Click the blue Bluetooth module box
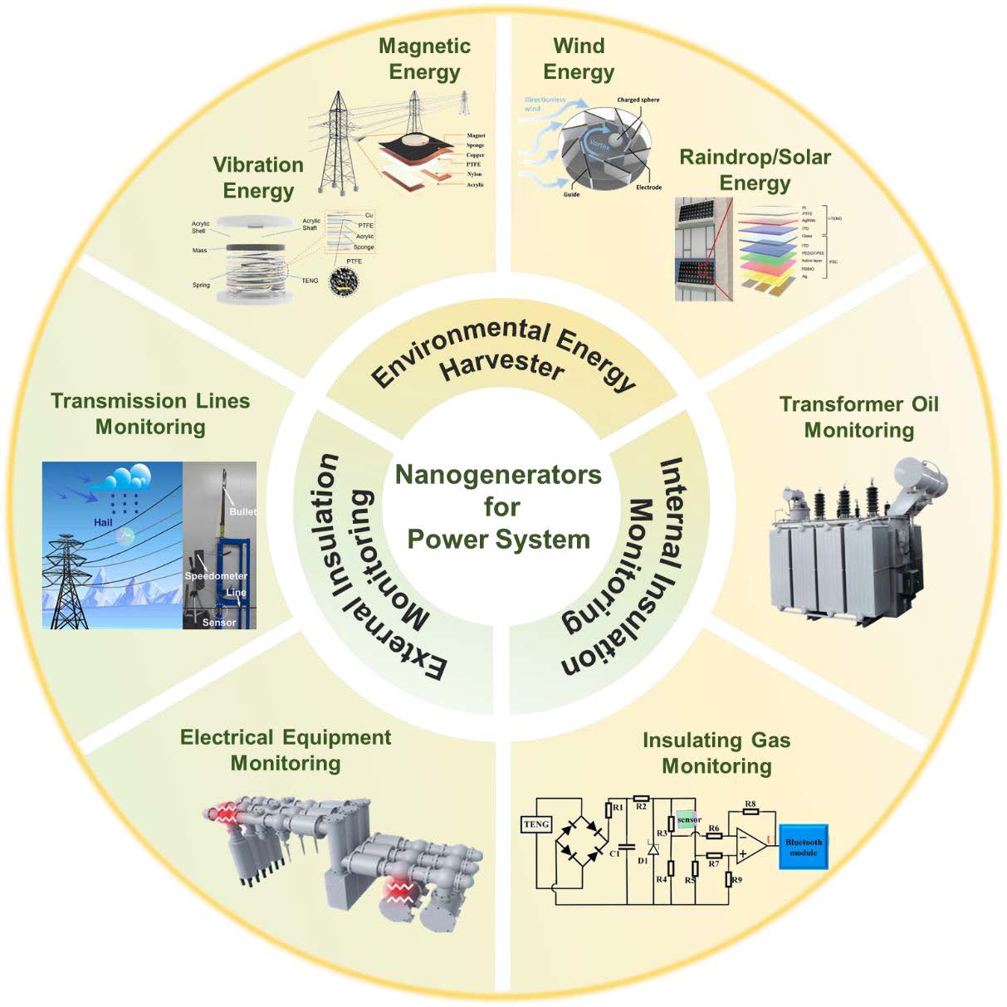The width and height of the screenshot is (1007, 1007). coord(803,847)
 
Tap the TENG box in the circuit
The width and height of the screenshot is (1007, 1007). coord(536,824)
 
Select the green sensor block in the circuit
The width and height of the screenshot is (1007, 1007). coord(688,819)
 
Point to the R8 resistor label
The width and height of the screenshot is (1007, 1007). coord(750,804)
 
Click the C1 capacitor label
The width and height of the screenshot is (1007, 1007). coord(615,853)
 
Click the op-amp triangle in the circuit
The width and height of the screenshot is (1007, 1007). coord(750,845)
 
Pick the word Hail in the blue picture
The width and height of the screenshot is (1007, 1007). coord(103,522)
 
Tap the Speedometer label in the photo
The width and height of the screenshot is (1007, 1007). coord(216,575)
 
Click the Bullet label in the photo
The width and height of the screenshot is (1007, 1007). coord(242,511)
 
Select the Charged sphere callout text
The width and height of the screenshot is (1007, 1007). coord(638,100)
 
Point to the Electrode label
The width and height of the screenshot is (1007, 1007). coord(648,188)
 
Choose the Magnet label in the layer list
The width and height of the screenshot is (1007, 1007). coord(476,135)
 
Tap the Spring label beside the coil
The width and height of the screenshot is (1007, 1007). coord(201,285)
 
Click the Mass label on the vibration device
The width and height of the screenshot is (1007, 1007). coord(199,250)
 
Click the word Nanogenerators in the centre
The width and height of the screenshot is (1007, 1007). coord(498,475)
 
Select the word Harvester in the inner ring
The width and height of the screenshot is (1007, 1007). coord(502,366)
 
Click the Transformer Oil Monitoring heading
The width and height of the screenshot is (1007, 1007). coord(859,417)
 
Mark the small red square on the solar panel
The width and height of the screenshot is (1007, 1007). coord(704,271)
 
